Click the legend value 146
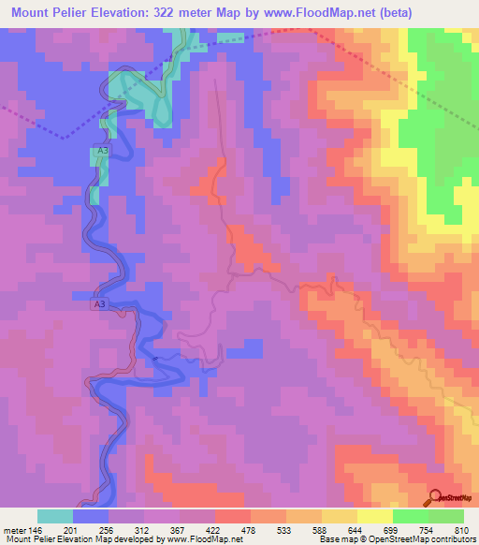(x=36, y=530)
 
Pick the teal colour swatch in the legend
(x=55, y=517)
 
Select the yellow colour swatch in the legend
(x=375, y=517)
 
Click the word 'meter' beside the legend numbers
(x=14, y=530)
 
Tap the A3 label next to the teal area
(x=103, y=150)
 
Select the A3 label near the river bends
(x=100, y=304)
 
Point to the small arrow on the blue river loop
(x=157, y=358)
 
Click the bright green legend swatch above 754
(x=411, y=517)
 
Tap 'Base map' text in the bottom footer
(x=334, y=539)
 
